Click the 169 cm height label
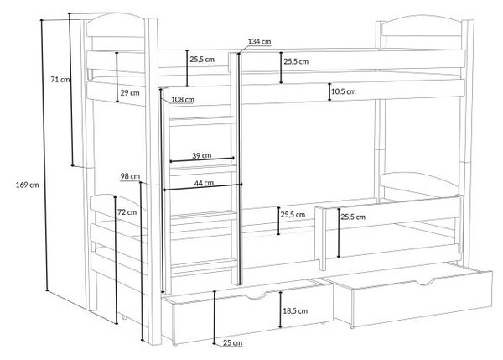[28, 185]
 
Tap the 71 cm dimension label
[60, 80]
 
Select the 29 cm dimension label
[130, 93]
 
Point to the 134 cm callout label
[259, 41]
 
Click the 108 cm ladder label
[183, 100]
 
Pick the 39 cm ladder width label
[201, 155]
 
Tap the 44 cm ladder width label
[204, 183]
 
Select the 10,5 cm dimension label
[343, 91]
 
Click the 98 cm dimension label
[130, 176]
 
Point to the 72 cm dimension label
[127, 212]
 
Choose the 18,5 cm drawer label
[295, 310]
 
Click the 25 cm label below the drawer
[232, 343]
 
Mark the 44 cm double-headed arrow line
[203, 187]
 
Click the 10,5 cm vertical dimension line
[329, 91]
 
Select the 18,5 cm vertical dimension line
[280, 310]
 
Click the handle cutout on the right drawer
[426, 282]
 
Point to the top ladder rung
[203, 121]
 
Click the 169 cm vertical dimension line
[44, 155]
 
